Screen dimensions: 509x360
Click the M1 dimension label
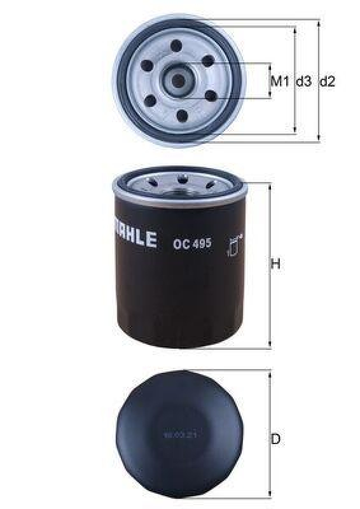click(280, 81)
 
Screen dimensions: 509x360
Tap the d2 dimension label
click(326, 81)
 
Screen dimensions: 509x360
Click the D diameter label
click(275, 439)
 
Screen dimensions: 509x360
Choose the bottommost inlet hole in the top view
click(181, 115)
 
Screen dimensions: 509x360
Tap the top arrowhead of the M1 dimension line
click(271, 66)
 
